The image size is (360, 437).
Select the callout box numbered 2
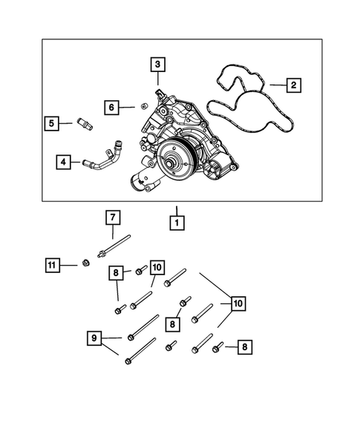(293, 86)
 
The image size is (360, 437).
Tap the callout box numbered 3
(157, 65)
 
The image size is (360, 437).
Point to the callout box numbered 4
(64, 160)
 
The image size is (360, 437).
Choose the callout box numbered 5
(50, 123)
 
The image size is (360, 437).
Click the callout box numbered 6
(111, 108)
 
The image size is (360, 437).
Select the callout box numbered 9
(94, 339)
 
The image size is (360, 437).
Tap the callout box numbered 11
(50, 264)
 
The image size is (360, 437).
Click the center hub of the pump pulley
(174, 158)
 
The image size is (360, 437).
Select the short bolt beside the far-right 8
(217, 346)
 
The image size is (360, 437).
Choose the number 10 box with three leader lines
(238, 303)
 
